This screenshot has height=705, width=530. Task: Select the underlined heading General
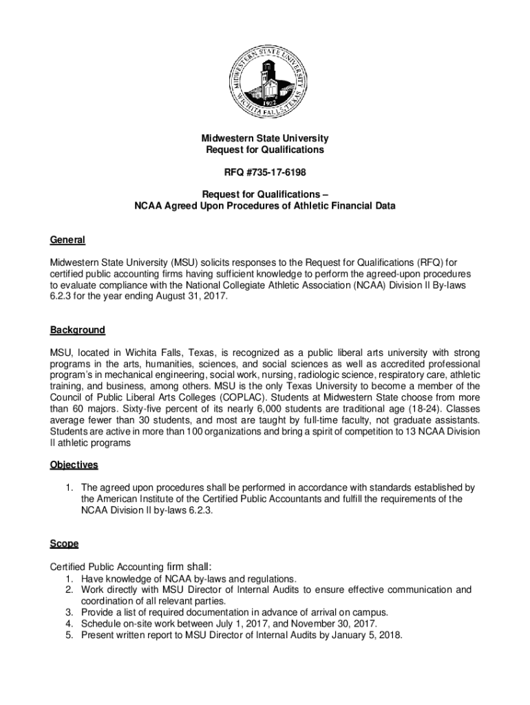click(x=67, y=240)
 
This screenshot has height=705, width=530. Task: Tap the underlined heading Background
click(x=77, y=330)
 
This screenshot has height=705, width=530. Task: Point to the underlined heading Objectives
click(x=74, y=465)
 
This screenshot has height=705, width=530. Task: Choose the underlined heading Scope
click(x=64, y=544)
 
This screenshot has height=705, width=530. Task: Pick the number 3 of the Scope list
click(x=69, y=613)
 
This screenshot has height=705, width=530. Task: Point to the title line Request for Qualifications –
click(x=264, y=193)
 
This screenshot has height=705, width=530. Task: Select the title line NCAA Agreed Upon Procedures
click(x=264, y=206)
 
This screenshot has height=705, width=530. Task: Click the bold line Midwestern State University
click(x=264, y=138)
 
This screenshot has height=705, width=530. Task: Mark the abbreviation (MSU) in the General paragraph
click(x=177, y=262)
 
